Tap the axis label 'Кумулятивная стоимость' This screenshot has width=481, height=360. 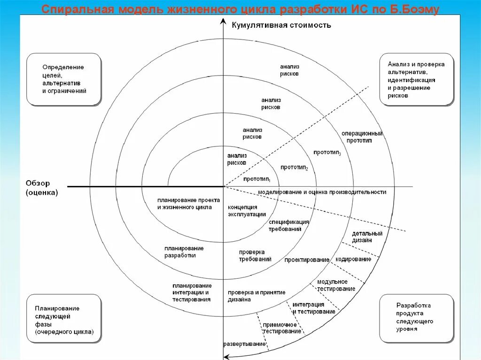[x=281, y=25]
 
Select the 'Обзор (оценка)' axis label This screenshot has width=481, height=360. [x=41, y=188]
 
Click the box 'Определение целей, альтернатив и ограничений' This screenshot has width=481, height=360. [x=64, y=79]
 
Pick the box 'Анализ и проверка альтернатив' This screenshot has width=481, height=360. [x=416, y=79]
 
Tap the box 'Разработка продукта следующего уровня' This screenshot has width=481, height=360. [x=416, y=317]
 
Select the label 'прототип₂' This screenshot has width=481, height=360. [x=294, y=168]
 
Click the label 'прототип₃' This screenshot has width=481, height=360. [x=327, y=153]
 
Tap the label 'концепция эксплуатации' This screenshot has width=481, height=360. [x=243, y=211]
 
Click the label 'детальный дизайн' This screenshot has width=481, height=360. [x=367, y=237]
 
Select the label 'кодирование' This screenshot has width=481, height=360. [x=353, y=259]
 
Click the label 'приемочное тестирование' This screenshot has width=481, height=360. [x=282, y=328]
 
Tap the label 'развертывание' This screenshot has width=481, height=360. [x=245, y=344]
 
